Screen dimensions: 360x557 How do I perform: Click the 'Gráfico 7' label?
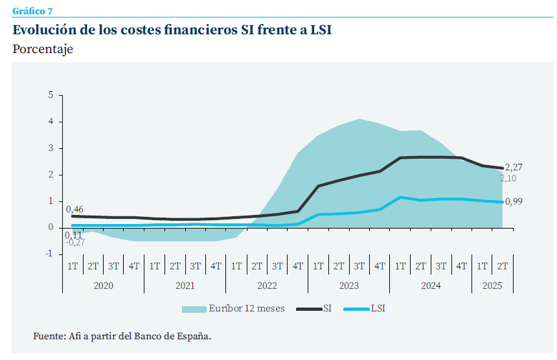(33, 11)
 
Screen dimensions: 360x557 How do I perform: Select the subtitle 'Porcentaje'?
(43, 49)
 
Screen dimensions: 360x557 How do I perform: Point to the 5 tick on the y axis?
(51, 96)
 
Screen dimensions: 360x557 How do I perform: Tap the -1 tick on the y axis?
(49, 254)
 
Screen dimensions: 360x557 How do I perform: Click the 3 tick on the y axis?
(51, 148)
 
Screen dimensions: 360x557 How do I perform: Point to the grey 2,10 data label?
(508, 179)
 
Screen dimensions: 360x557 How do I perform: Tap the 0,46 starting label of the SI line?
(74, 209)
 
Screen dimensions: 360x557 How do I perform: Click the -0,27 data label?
(76, 243)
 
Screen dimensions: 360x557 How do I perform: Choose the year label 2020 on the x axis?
(103, 285)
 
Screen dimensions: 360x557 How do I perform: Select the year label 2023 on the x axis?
(348, 285)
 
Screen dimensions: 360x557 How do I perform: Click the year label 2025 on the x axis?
(492, 285)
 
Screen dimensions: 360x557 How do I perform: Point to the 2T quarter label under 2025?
(503, 265)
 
